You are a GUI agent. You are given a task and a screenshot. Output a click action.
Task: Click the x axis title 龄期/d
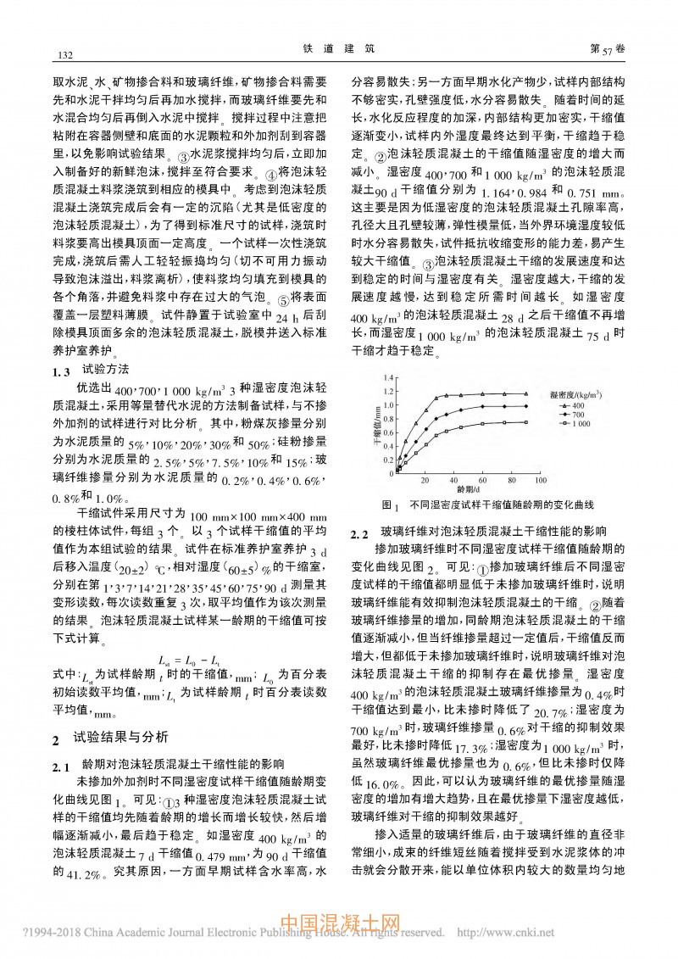468,489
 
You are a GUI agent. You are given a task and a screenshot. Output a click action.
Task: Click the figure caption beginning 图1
487,505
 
